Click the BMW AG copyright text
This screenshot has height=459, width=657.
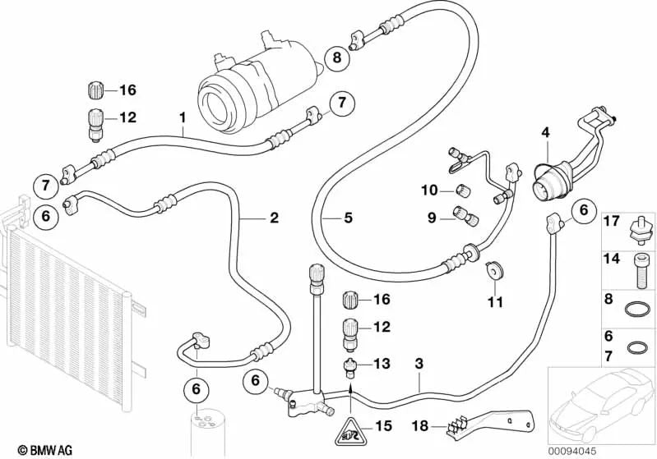point(45,450)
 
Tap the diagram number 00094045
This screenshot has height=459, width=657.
point(572,451)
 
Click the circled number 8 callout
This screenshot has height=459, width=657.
point(337,57)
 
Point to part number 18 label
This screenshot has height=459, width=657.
point(421,426)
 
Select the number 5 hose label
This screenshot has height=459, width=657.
point(348,218)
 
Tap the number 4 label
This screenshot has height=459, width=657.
point(545,133)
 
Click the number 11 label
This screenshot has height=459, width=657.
point(495,301)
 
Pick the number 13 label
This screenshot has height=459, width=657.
point(382,364)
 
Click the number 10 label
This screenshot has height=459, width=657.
point(429,190)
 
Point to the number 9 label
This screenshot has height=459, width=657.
point(432,218)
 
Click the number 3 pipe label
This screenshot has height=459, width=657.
point(419,364)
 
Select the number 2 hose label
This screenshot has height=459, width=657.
point(274,218)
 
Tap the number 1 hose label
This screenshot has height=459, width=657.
point(183,118)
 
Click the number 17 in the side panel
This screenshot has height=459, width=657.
point(611,221)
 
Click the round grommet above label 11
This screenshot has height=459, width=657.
point(495,270)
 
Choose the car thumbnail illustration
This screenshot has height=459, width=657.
point(602,401)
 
